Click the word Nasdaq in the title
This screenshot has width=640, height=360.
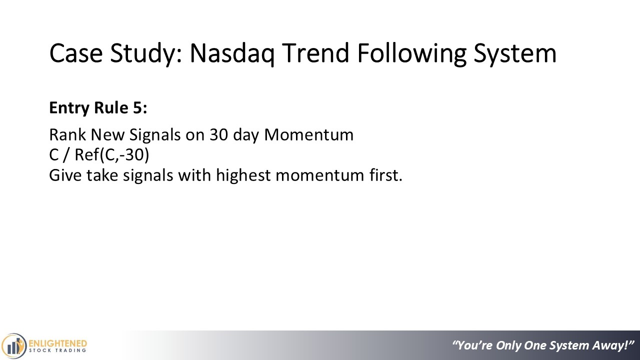[231, 53]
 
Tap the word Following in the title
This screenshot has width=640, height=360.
[411, 53]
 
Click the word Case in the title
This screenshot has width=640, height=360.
[75, 53]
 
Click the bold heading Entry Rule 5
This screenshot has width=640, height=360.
[98, 108]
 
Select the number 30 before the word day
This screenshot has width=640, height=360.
[219, 134]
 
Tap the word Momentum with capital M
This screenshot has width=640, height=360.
[309, 134]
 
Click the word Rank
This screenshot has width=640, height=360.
[67, 134]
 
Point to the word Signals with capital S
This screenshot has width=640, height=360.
[155, 135]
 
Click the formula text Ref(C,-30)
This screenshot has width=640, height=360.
[111, 155]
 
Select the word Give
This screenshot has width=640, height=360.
[65, 175]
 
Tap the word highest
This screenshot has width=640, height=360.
[243, 175]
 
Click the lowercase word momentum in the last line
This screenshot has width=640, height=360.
[320, 175]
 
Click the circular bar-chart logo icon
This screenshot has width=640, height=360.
[13, 346]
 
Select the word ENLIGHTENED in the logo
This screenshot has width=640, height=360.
[58, 343]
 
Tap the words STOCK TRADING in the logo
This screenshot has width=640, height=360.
[57, 350]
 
